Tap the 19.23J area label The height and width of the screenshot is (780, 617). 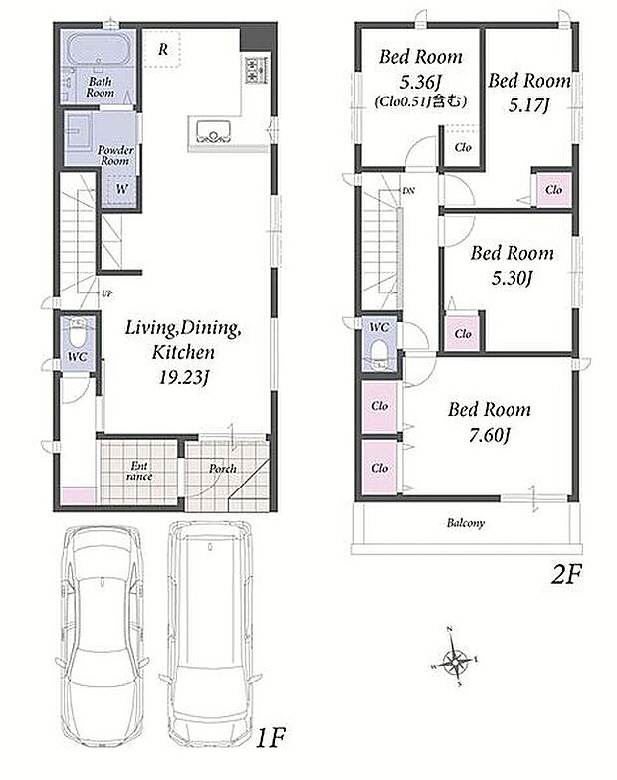(183, 378)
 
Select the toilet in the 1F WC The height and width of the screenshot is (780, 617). (77, 334)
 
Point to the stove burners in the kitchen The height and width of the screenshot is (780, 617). (254, 70)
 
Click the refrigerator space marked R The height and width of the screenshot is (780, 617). (162, 49)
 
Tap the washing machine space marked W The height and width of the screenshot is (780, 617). (121, 189)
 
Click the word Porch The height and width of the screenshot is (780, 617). (223, 468)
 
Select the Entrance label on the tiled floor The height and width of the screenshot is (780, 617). (139, 471)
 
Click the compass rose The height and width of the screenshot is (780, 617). (454, 663)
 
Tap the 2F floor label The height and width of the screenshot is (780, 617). (565, 576)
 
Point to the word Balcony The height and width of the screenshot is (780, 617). (466, 523)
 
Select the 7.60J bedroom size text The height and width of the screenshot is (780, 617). (490, 436)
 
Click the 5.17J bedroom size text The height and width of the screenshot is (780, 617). (528, 105)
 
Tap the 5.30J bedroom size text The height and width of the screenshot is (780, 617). (512, 278)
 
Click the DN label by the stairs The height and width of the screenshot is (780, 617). (408, 191)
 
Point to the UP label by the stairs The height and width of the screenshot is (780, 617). (106, 294)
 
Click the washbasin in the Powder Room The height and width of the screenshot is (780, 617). (78, 130)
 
